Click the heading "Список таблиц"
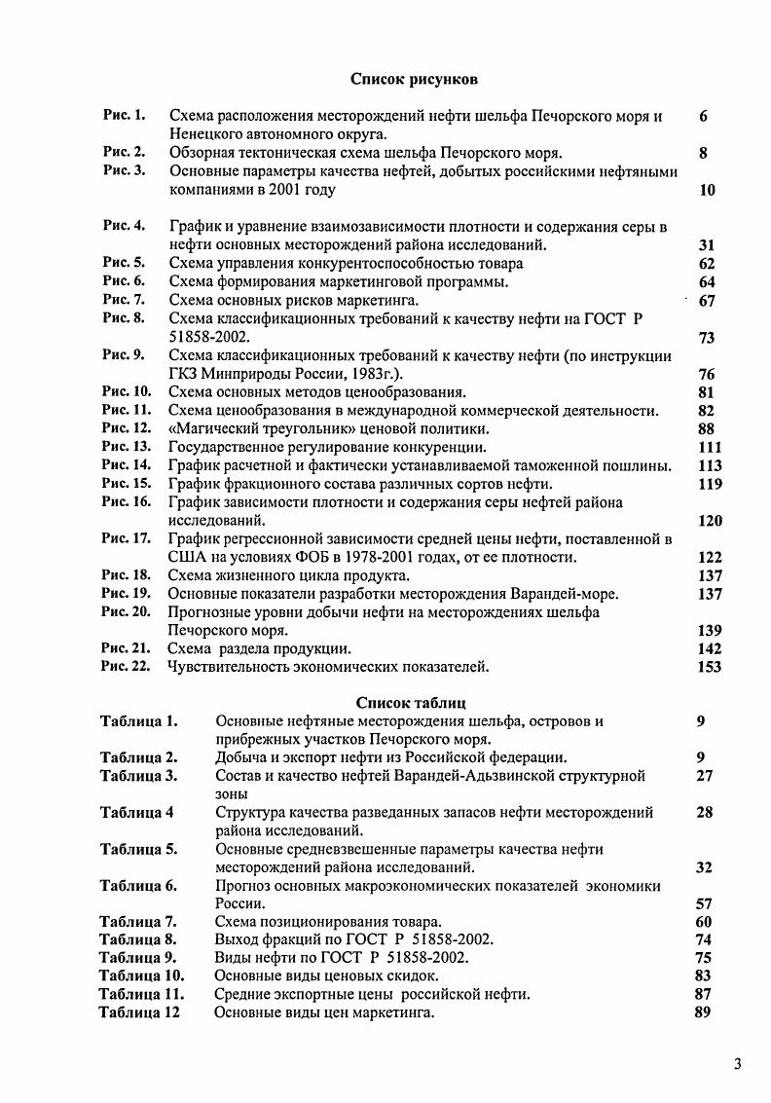(x=411, y=702)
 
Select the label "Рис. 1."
(x=124, y=116)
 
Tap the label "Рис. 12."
(x=127, y=428)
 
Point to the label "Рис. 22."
(x=127, y=667)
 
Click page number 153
(x=710, y=667)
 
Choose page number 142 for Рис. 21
(x=710, y=648)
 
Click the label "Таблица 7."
(x=138, y=922)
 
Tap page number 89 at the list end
(x=705, y=1012)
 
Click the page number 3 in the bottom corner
(x=738, y=1062)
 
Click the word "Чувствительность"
(x=230, y=667)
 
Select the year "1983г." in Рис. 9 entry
(x=362, y=374)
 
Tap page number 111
(x=710, y=448)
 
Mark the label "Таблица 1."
(x=138, y=721)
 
